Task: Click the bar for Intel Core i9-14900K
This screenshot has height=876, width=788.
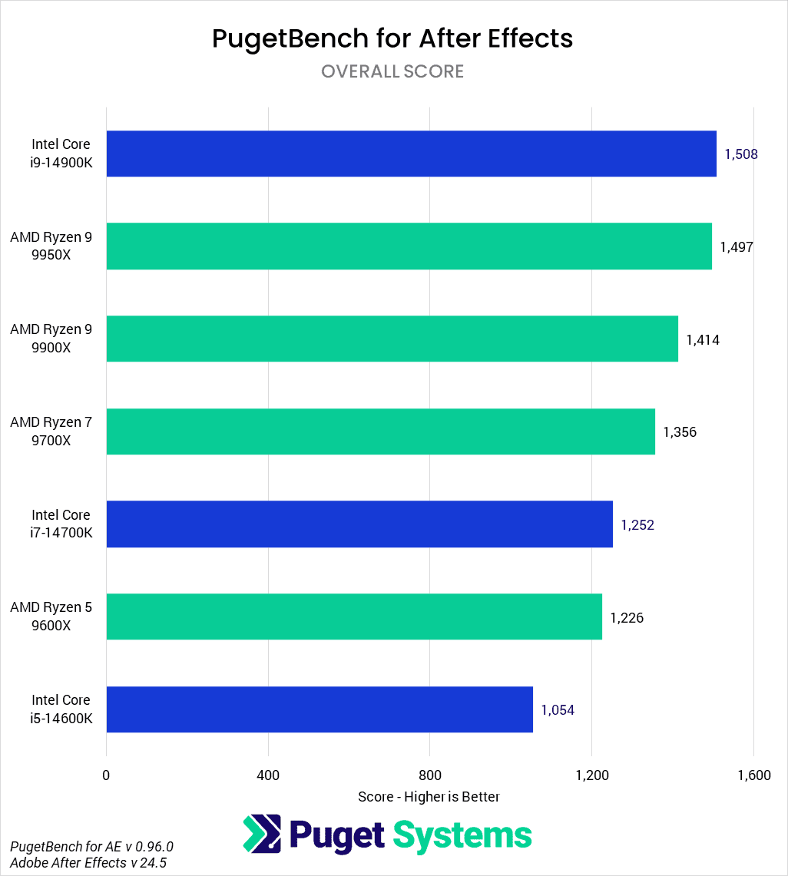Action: [411, 154]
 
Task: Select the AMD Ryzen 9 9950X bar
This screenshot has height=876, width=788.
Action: [409, 246]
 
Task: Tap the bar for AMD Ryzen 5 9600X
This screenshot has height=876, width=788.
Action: [354, 617]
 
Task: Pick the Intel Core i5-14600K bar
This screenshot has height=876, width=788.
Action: [320, 709]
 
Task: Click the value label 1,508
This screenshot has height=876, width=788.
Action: [741, 154]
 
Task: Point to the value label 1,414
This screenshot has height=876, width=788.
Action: [703, 339]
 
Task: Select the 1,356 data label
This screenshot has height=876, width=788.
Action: [680, 432]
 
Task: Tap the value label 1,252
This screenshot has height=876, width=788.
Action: [637, 525]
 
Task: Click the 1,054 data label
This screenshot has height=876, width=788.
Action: [558, 710]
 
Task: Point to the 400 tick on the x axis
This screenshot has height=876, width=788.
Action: [268, 775]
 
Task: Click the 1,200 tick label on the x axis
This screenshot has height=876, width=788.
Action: [592, 775]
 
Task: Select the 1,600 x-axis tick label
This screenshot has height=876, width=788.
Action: [753, 775]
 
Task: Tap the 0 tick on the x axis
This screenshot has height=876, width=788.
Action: [106, 775]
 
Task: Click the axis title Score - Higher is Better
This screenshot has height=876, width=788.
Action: [429, 797]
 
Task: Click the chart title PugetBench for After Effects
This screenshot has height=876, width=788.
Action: [392, 38]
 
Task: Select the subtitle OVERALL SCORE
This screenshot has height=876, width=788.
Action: [392, 71]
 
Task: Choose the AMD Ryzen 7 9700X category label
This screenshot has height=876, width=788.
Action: [51, 431]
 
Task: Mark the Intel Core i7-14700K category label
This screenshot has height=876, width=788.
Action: [61, 524]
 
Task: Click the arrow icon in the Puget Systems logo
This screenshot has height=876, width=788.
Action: [261, 835]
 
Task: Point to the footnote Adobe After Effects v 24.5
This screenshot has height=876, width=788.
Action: [88, 863]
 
